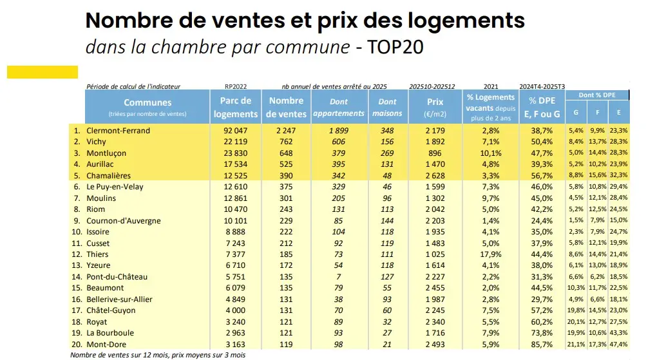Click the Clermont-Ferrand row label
coord(119,131)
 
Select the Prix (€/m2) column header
coord(435,106)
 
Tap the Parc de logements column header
coord(236,107)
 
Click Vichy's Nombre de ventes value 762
coord(287,142)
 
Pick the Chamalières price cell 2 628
coord(435,176)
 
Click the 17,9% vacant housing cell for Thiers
coord(490,254)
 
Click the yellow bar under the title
coord(43,72)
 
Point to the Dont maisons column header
coord(387,107)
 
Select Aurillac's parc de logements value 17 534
coord(235,164)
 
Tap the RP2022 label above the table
coord(236,86)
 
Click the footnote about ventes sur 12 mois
coord(158,355)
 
